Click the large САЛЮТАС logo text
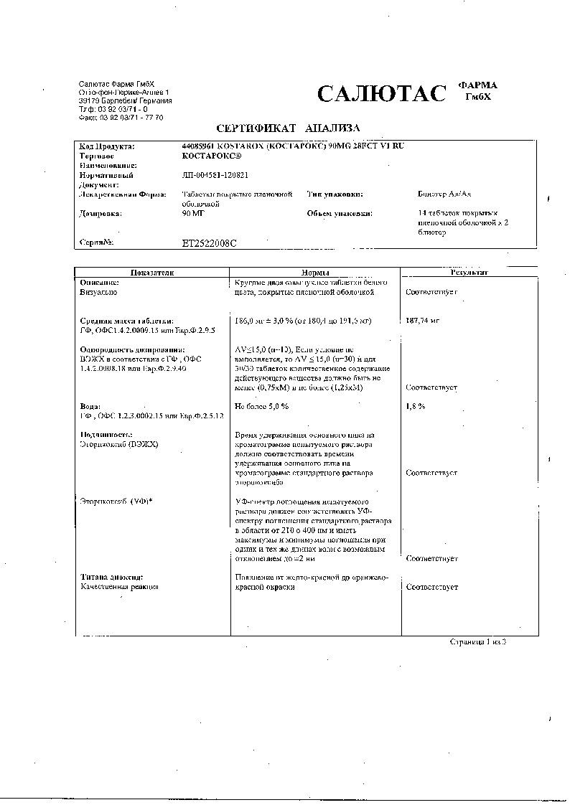(x=381, y=94)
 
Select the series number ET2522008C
(x=210, y=243)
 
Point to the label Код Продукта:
(x=106, y=146)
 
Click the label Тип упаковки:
(x=335, y=194)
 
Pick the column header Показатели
(x=149, y=273)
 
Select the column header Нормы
(x=314, y=273)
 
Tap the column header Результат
(x=469, y=273)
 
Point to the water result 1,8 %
(x=416, y=407)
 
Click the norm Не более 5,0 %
(x=262, y=407)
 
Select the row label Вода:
(x=90, y=407)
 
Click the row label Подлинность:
(x=106, y=435)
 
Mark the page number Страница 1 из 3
(x=478, y=641)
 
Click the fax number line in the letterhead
(x=121, y=118)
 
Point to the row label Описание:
(x=99, y=283)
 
